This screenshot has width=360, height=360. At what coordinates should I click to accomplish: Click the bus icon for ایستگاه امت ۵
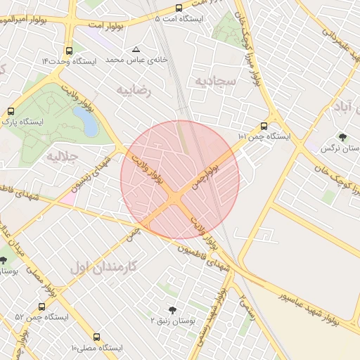pos(179,8)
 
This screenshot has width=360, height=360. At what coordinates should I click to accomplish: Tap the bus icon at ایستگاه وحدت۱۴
pos(69,51)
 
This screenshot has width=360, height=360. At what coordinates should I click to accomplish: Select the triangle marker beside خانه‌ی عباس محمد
pos(136,50)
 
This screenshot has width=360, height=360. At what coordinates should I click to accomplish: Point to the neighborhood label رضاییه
pos(134,90)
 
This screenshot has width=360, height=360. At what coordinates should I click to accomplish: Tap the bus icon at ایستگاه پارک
pos(11,111)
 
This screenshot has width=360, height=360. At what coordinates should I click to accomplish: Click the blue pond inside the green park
pos(90,122)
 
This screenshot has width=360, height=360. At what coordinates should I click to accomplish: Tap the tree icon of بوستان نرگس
pos(342,137)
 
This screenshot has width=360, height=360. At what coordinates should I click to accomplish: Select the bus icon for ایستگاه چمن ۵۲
pos(41,307)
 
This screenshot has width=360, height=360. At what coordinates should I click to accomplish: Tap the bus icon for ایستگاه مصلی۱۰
pos(97,337)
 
